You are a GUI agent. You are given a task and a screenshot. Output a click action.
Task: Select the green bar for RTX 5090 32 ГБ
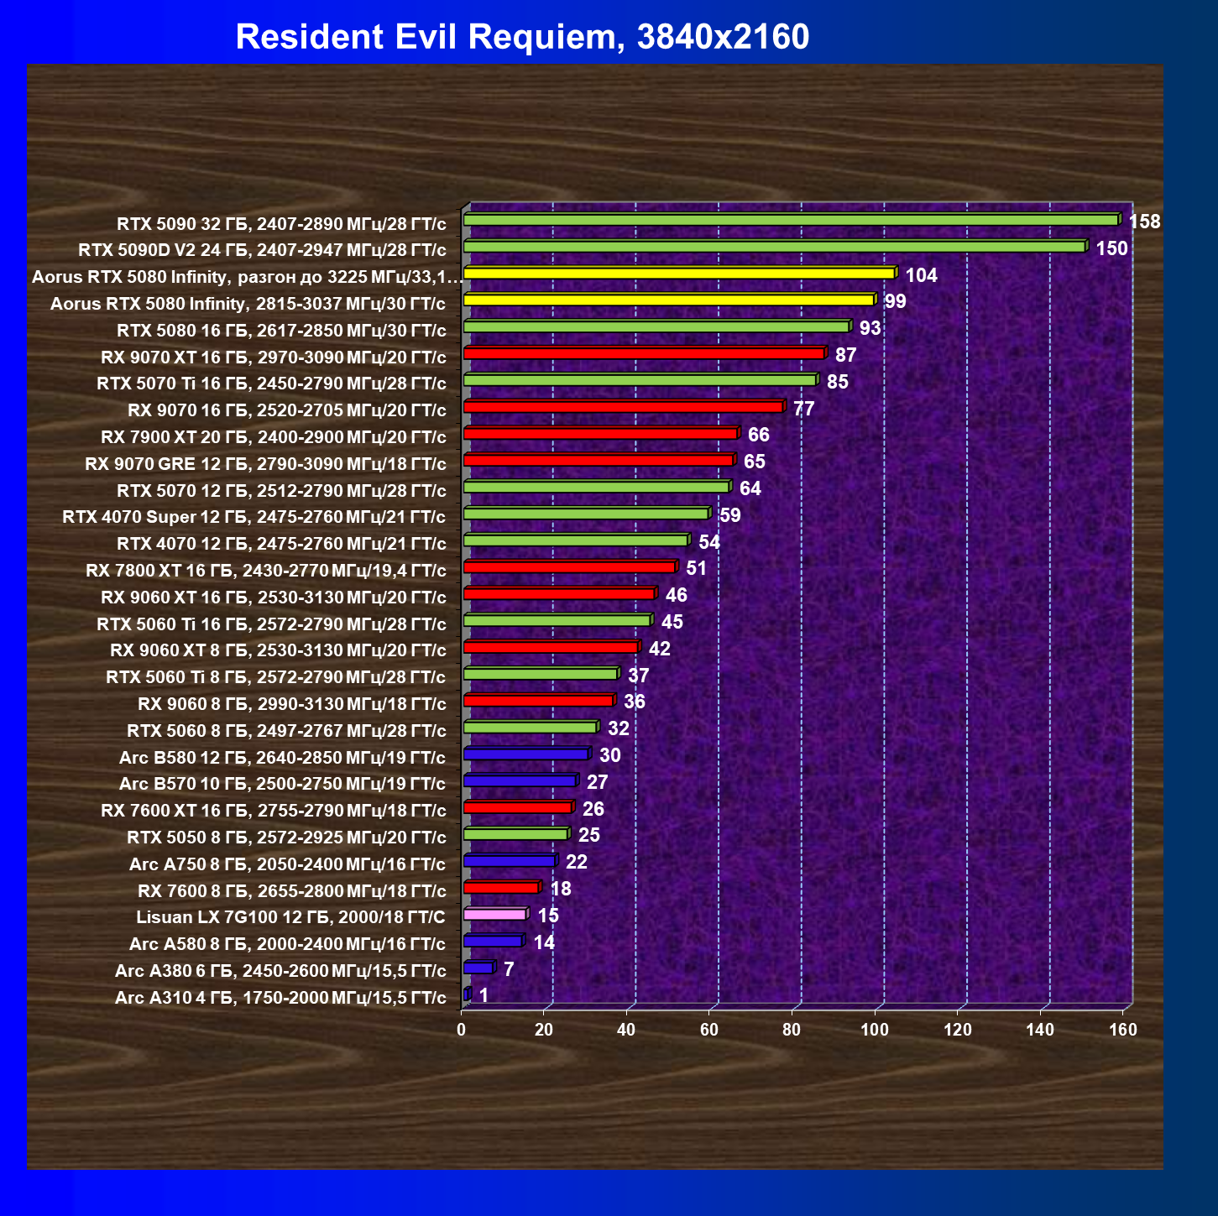click(792, 219)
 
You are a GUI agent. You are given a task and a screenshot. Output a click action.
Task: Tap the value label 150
click(1111, 248)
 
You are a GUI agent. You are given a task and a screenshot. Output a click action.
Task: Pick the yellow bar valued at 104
click(680, 273)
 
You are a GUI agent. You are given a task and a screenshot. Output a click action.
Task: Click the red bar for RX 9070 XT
click(645, 352)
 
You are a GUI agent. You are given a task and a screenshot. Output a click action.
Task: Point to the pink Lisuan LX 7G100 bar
click(496, 914)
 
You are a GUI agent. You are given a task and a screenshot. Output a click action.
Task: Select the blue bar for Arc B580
click(527, 754)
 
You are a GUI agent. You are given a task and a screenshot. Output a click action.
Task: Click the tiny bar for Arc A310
click(468, 994)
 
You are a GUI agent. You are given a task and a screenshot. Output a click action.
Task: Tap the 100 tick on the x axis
click(875, 1030)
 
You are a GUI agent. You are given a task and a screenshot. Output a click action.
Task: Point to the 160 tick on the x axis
click(1123, 1030)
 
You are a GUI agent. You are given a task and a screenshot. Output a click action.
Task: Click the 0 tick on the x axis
click(462, 1030)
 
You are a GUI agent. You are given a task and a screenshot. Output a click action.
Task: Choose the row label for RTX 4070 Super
click(254, 517)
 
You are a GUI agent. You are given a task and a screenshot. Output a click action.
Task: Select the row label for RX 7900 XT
click(274, 436)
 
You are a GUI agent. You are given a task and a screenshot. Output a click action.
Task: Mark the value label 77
click(804, 409)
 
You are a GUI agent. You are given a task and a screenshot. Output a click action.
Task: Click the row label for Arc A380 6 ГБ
click(280, 970)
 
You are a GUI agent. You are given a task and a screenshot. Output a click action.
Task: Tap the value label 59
click(730, 516)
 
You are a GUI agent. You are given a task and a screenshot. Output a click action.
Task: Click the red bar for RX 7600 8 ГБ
click(503, 887)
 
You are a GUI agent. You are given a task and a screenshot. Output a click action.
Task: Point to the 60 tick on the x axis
click(709, 1030)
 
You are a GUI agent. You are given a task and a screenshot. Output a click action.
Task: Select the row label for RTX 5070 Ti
click(272, 384)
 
